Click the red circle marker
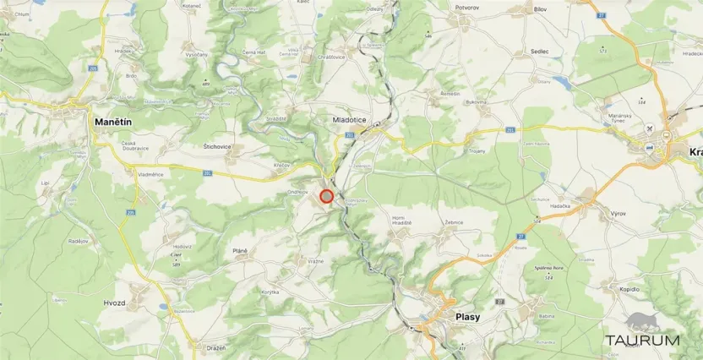click(x=327, y=196)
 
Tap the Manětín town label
click(x=112, y=123)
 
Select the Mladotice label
click(x=350, y=121)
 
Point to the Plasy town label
click(x=467, y=317)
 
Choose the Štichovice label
click(x=217, y=146)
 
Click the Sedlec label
click(x=539, y=51)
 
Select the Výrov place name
click(x=619, y=214)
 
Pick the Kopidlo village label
click(x=629, y=289)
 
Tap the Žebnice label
click(x=455, y=222)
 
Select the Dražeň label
click(x=215, y=347)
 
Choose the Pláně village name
click(x=239, y=251)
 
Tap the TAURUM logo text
click(x=641, y=341)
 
